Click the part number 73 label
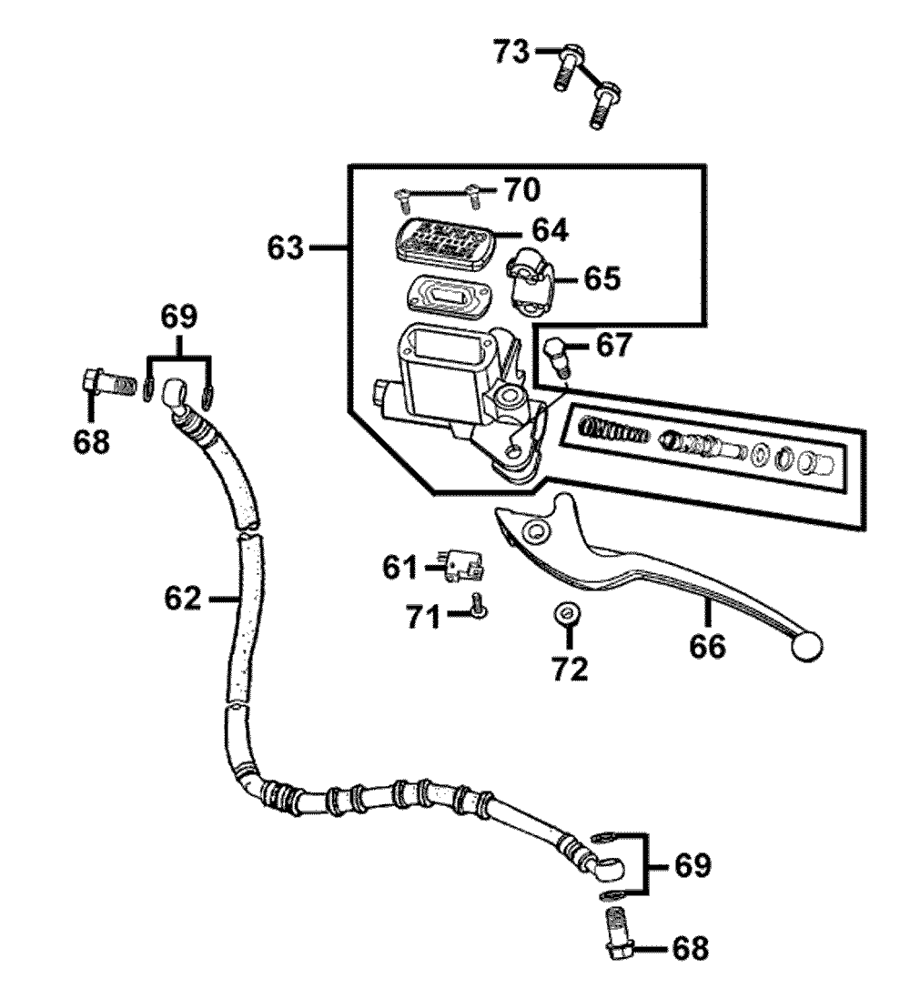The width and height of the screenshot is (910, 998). coord(511,52)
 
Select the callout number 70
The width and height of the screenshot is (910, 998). coord(522,189)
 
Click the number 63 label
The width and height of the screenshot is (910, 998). coord(286,247)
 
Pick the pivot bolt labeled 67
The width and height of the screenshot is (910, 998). coord(557,357)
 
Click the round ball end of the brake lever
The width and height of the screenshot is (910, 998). coord(807,647)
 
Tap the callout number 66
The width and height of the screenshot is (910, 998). coord(707,647)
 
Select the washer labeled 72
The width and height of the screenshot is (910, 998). coord(567,615)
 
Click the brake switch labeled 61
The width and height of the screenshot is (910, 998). coord(463,565)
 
